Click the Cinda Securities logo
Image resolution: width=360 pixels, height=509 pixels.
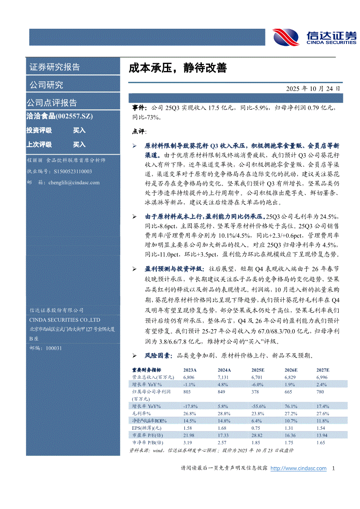click(314, 37)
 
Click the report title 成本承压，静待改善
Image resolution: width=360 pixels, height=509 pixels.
click(177, 68)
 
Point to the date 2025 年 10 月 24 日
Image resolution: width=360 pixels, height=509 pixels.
click(312, 88)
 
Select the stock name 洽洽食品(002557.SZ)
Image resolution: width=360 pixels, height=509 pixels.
click(60, 116)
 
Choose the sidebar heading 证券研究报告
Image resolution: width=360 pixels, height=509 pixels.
click(54, 67)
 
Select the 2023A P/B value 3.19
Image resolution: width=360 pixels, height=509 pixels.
click(188, 442)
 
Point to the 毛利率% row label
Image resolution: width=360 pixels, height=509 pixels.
click(141, 413)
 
